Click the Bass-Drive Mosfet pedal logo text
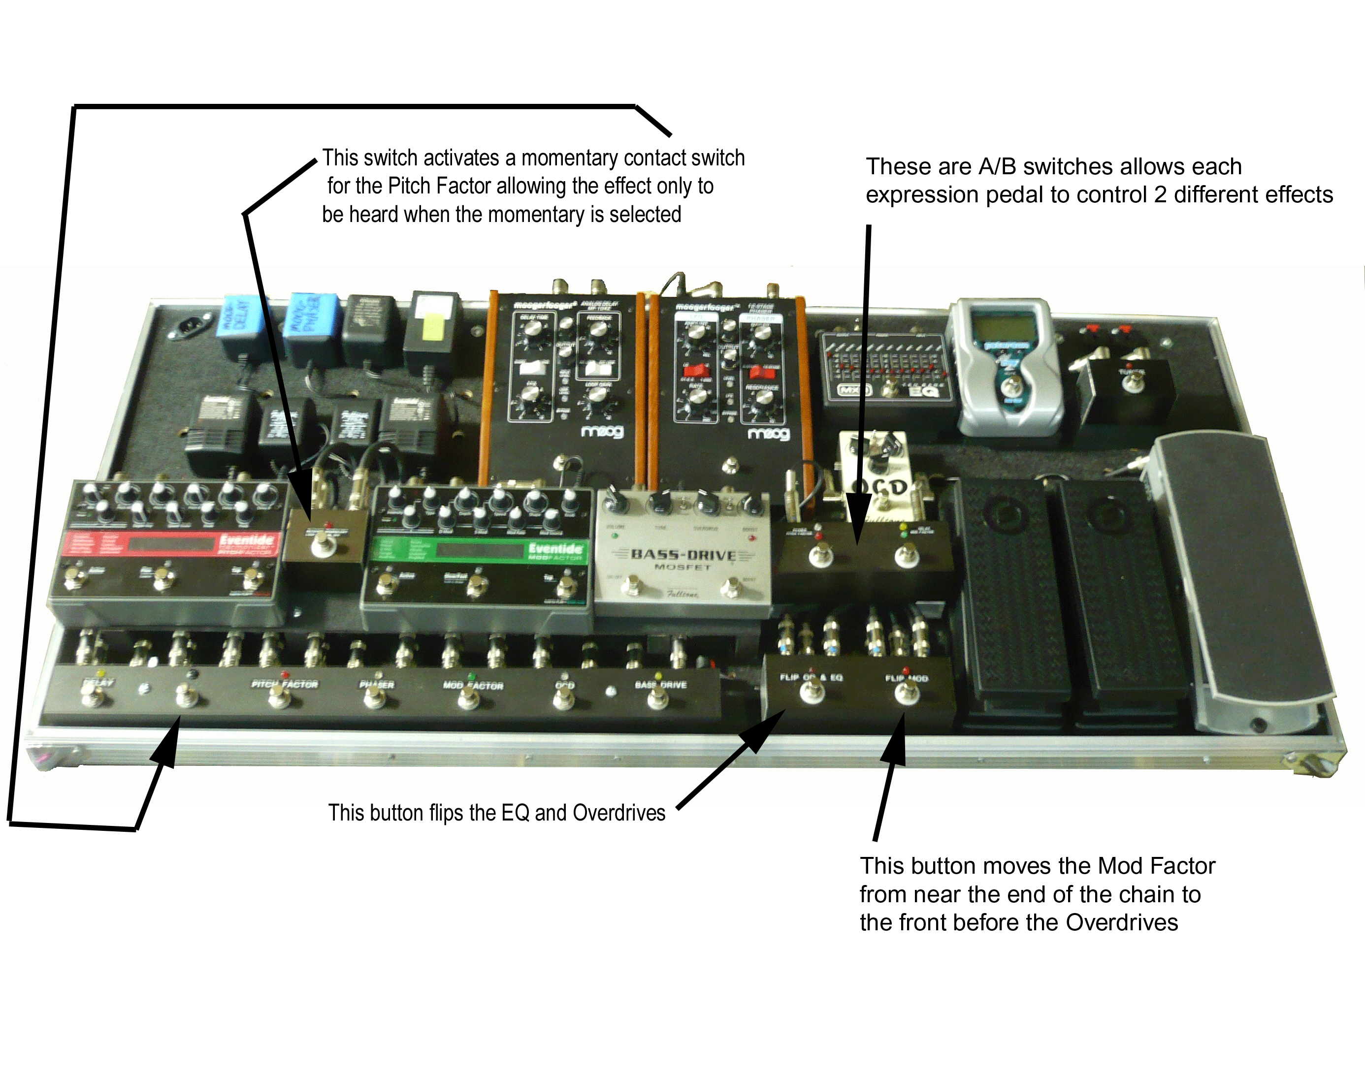pos(683,555)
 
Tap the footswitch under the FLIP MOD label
pos(906,694)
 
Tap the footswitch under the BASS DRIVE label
pos(657,698)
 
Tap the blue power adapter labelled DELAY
pos(241,318)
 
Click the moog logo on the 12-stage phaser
pos(768,434)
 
